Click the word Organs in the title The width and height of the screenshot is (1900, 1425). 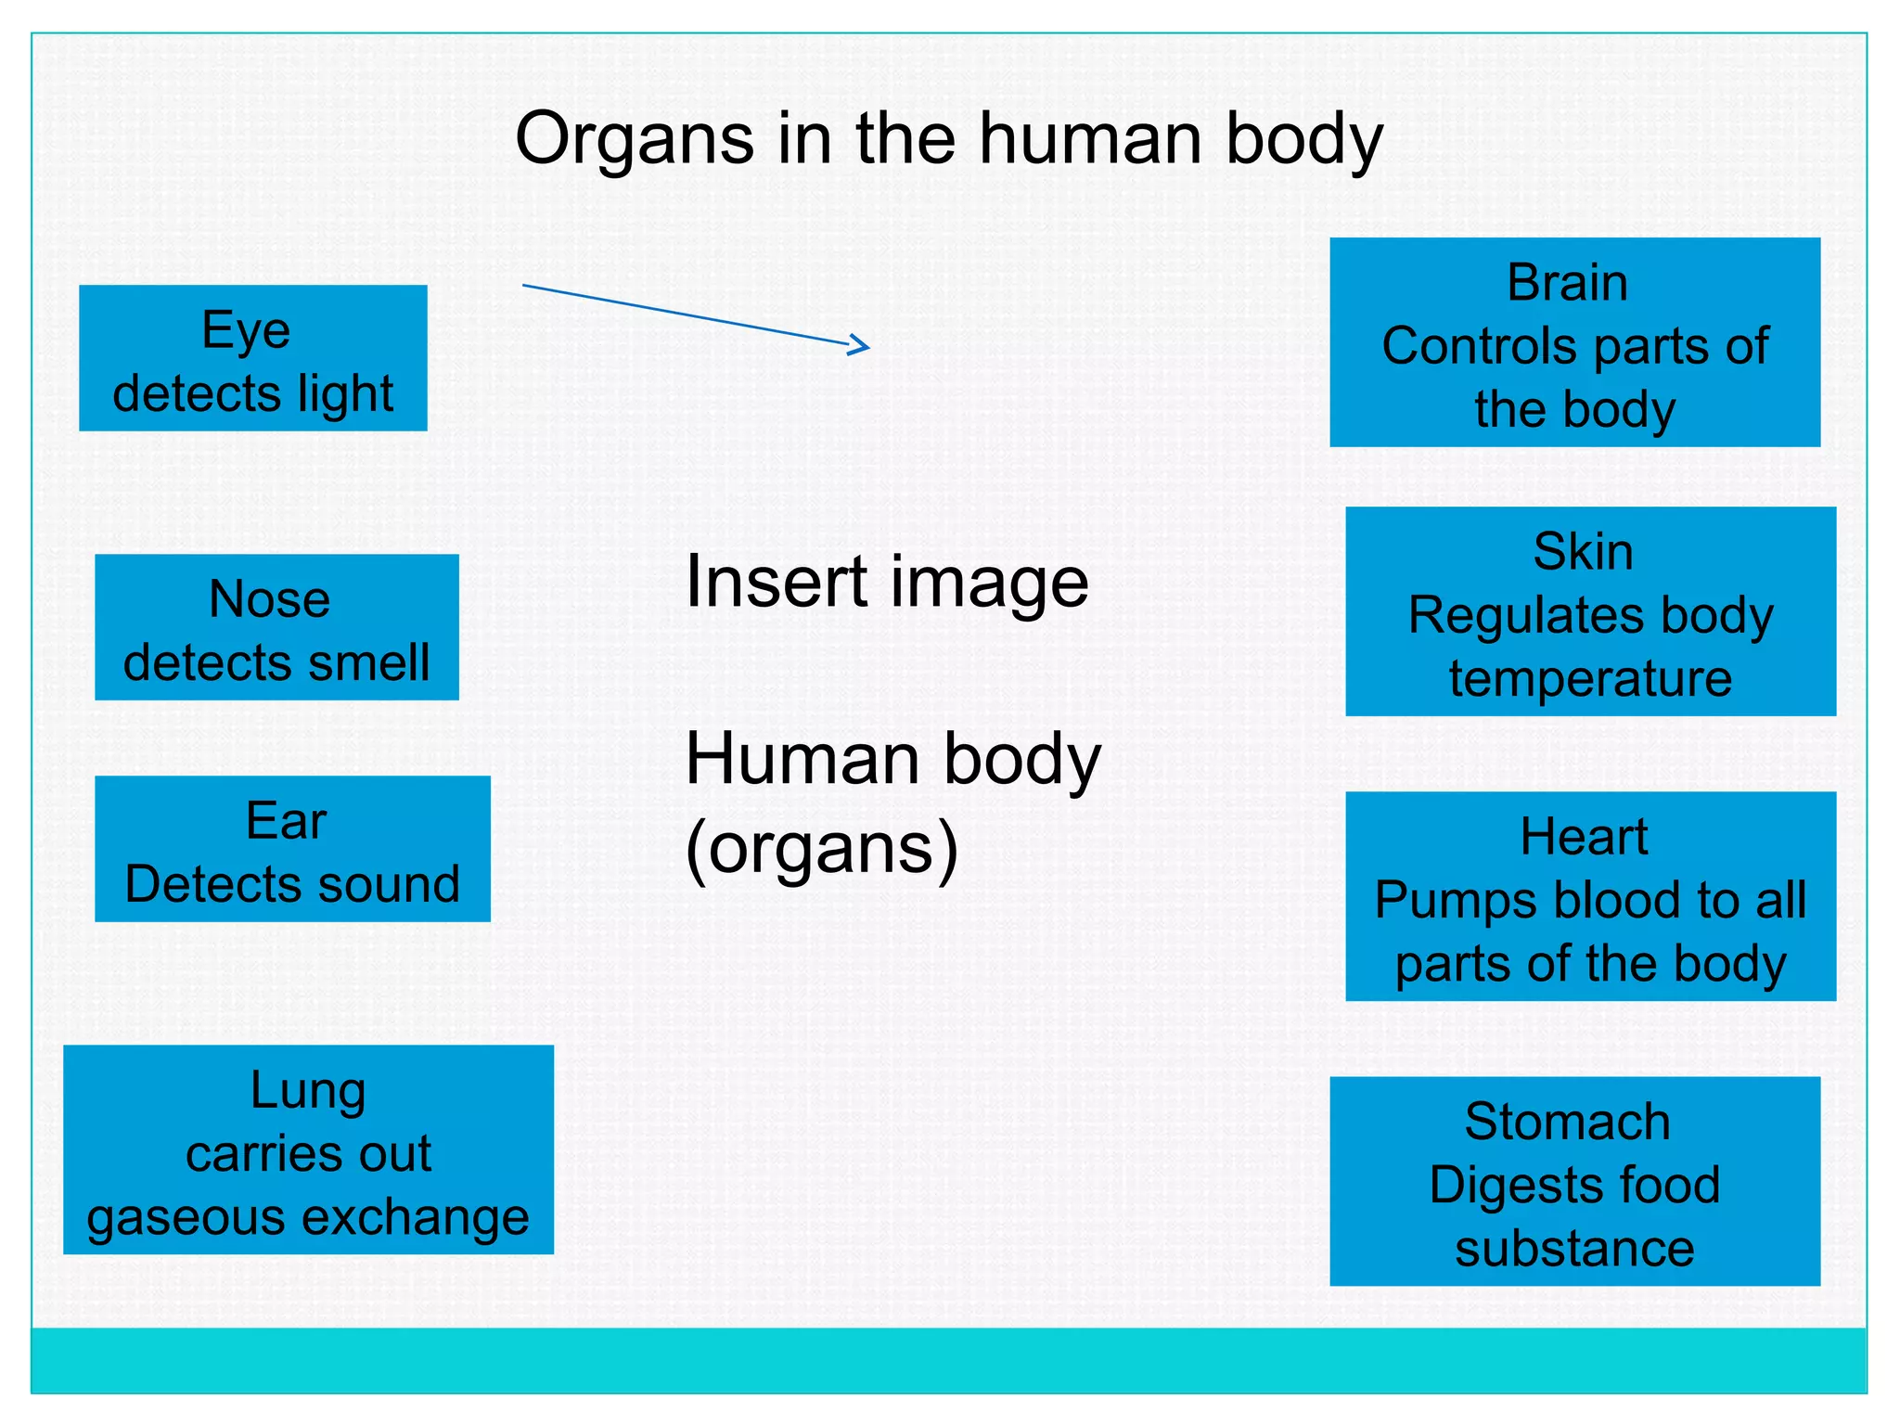pyautogui.click(x=634, y=139)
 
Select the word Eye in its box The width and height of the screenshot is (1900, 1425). pyautogui.click(x=246, y=330)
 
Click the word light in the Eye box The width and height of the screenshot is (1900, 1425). pyautogui.click(x=344, y=393)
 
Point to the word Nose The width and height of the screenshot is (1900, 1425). pyautogui.click(x=269, y=598)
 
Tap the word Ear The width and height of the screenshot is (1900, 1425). pyautogui.click(x=286, y=820)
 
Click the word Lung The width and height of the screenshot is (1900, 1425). pyautogui.click(x=308, y=1090)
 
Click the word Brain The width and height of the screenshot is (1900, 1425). pyautogui.click(x=1567, y=282)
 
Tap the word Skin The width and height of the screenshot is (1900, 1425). pyautogui.click(x=1583, y=551)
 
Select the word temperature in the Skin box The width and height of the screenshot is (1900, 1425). pyautogui.click(x=1590, y=678)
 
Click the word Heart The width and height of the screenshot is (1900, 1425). pyautogui.click(x=1584, y=836)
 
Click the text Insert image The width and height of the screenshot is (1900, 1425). pyautogui.click(x=886, y=582)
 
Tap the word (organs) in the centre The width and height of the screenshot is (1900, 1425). pyautogui.click(x=821, y=847)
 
